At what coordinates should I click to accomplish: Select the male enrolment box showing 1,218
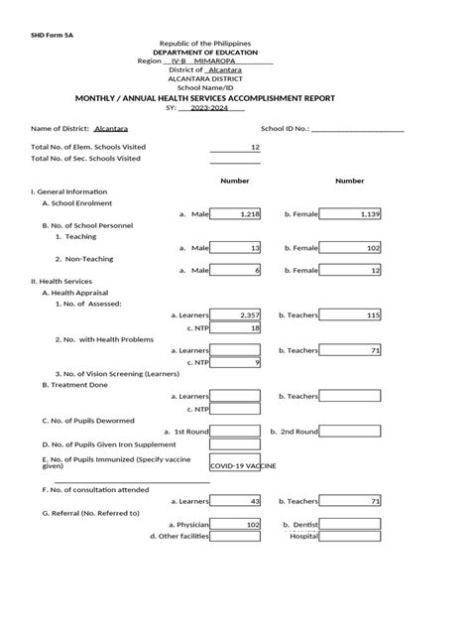click(235, 213)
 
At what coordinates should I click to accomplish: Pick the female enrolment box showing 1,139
click(352, 213)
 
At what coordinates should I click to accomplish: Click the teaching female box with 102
click(352, 247)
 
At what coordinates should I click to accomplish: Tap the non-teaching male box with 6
click(235, 270)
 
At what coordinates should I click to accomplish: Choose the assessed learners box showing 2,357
click(235, 314)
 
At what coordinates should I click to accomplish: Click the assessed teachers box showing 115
click(352, 314)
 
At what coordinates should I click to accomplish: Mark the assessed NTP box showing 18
click(235, 327)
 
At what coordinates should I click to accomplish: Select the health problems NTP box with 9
click(235, 362)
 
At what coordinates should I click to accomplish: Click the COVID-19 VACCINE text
click(243, 464)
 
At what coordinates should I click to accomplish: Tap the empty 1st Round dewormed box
click(235, 431)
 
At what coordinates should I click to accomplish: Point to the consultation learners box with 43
click(235, 501)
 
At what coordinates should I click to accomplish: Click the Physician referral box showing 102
click(235, 524)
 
